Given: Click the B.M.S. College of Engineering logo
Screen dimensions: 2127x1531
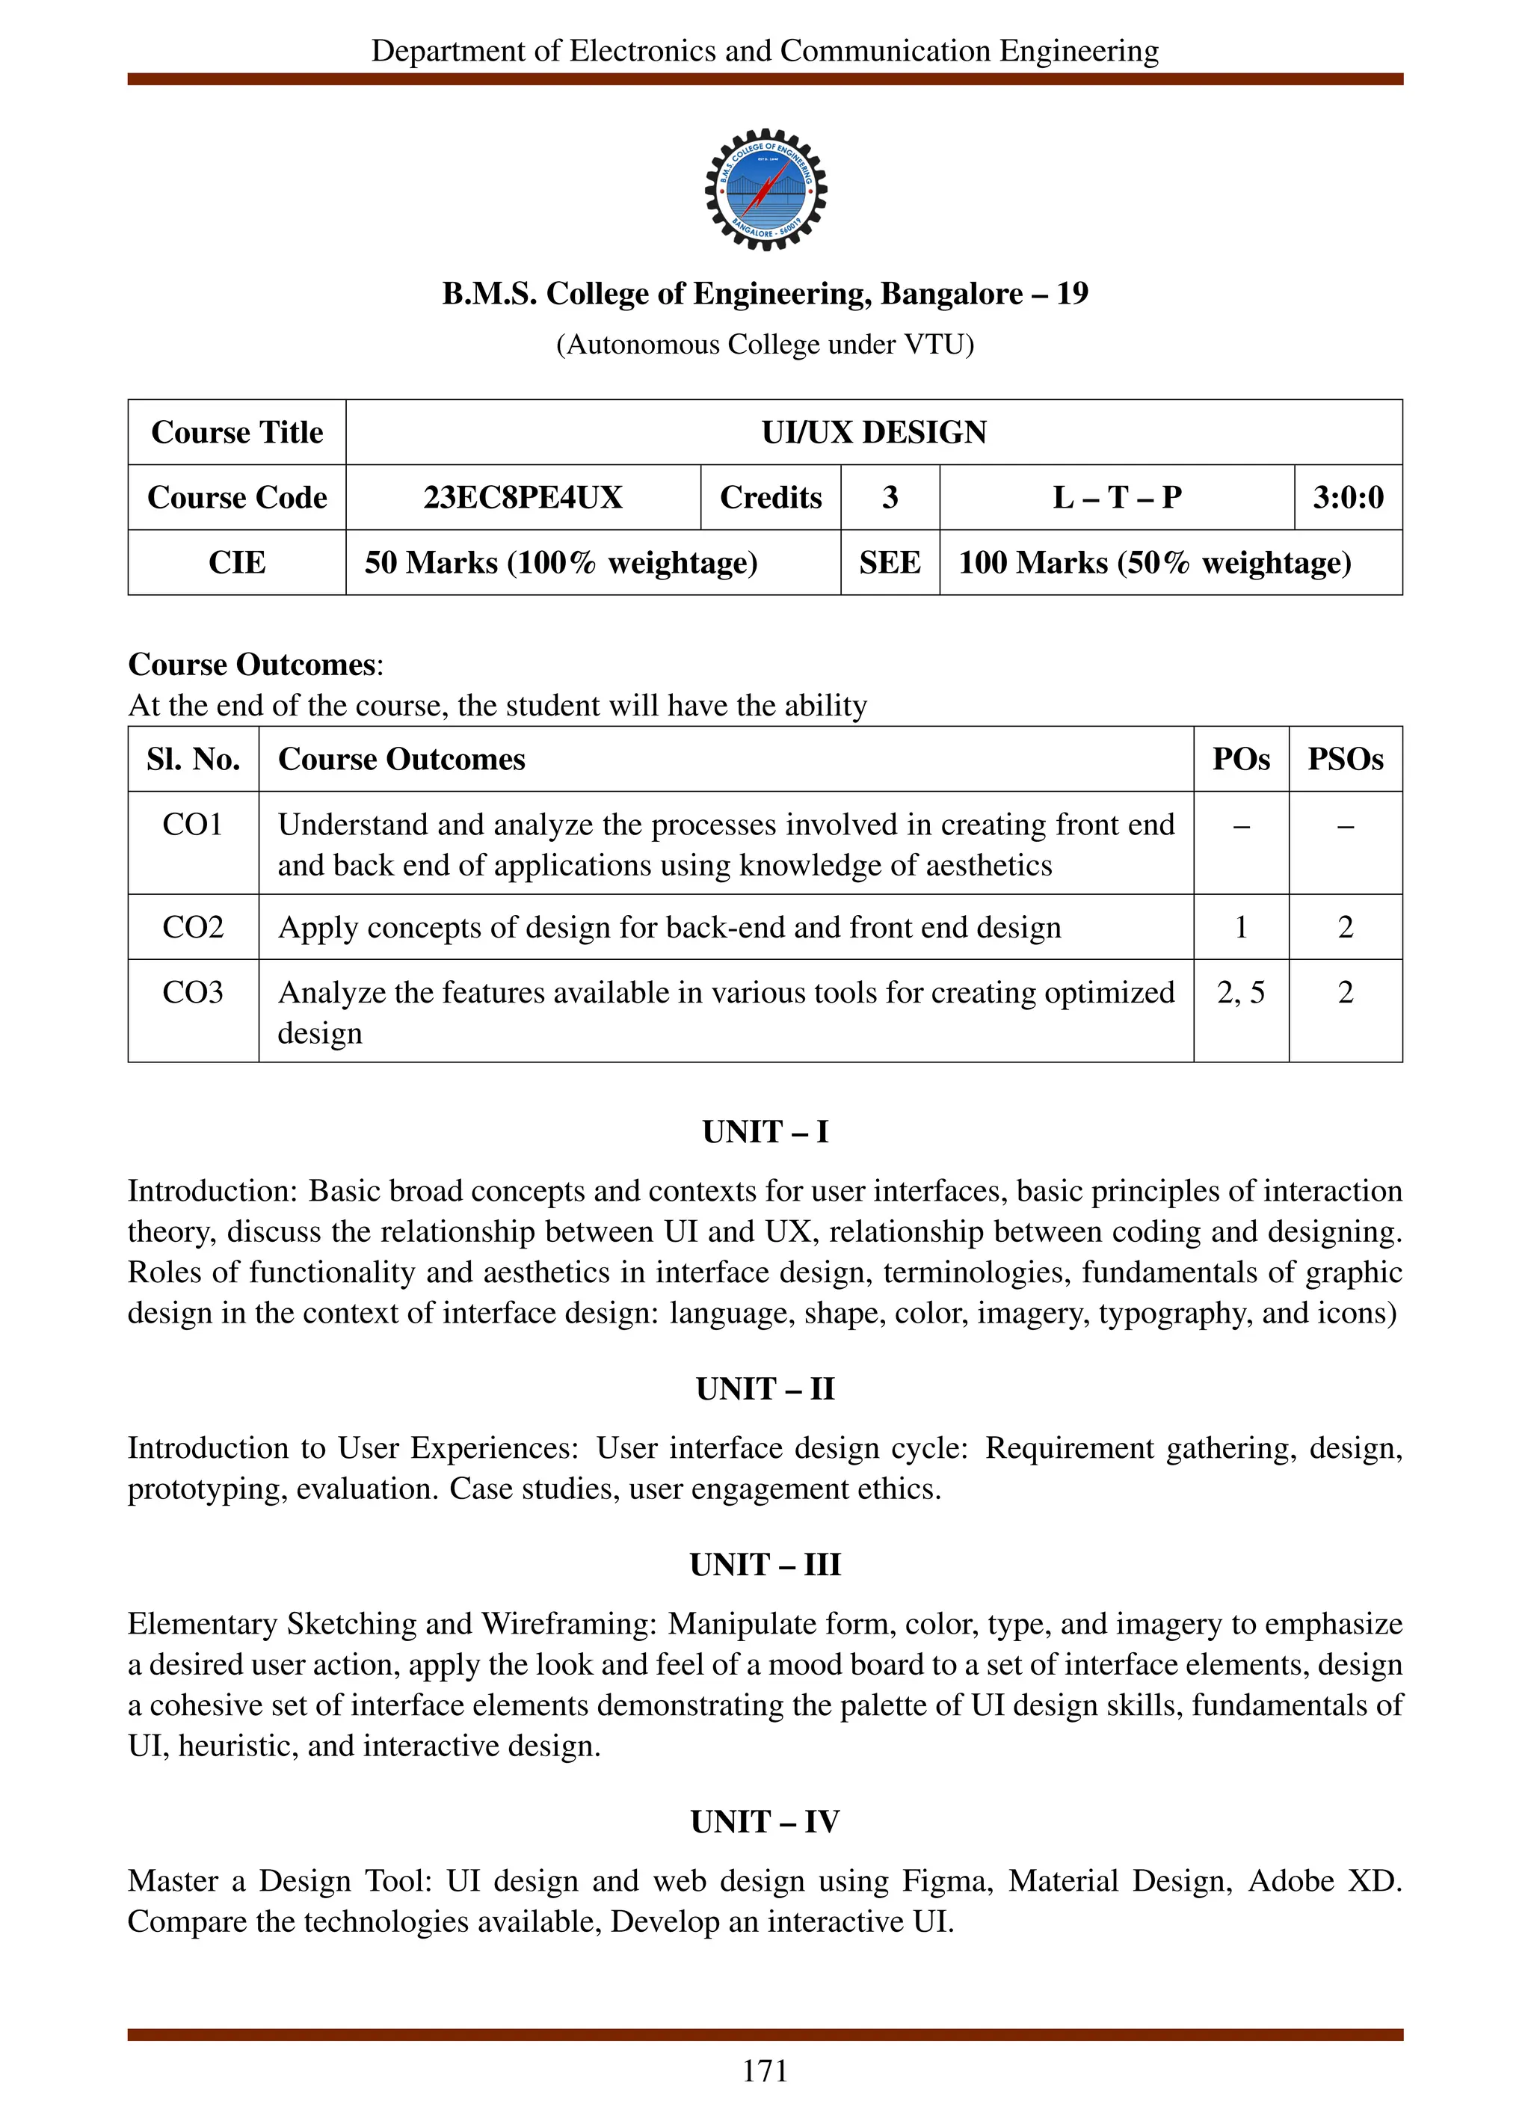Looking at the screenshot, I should [x=765, y=189].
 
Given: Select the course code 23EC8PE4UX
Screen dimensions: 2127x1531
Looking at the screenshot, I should [x=523, y=497].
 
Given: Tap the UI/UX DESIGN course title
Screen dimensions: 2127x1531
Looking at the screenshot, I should [x=874, y=432].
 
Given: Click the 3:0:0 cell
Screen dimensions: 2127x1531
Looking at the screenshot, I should [x=1347, y=497].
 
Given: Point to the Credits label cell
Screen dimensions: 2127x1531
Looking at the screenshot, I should [x=771, y=497].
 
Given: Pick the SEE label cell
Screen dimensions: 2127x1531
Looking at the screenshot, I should [x=890, y=563].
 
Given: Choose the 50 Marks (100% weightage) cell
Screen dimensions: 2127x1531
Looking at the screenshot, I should [x=561, y=563].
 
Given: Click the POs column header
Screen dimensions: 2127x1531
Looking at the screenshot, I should [x=1240, y=759].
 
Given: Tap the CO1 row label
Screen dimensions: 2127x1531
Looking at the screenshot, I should [x=193, y=825].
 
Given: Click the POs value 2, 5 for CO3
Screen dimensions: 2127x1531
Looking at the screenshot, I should [x=1240, y=992].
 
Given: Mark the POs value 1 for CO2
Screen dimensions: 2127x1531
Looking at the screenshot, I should [x=1240, y=928].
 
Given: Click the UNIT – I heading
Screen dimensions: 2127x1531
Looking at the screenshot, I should [x=765, y=1132].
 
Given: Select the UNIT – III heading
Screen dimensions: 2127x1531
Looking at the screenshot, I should [x=765, y=1564].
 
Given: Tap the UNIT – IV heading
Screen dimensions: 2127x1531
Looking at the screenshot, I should [x=765, y=1821].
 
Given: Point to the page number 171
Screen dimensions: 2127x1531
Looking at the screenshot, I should [x=765, y=2071].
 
